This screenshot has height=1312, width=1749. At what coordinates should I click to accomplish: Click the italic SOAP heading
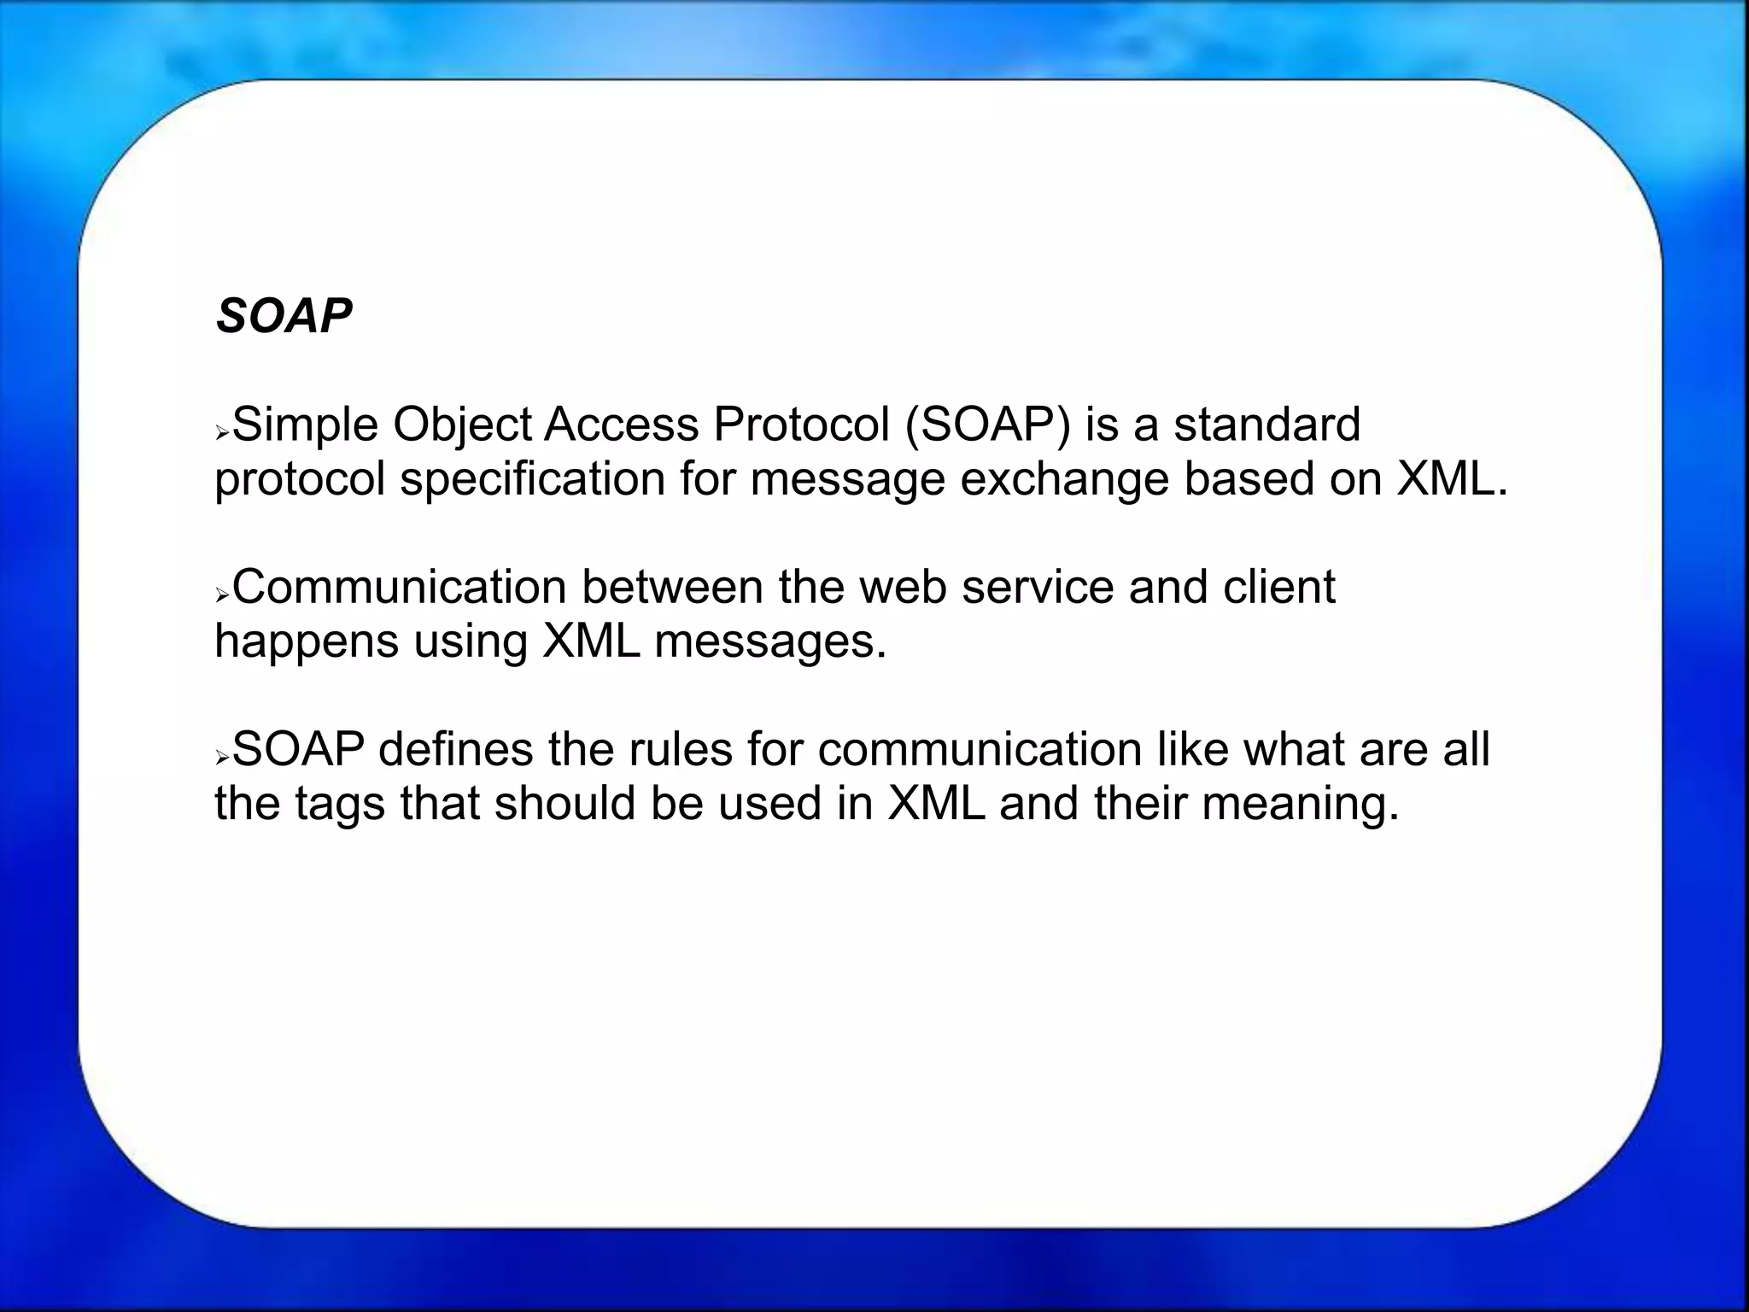[x=284, y=316]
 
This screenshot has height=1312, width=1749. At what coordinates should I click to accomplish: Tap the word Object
[x=462, y=425]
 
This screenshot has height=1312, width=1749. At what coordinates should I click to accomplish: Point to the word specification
[x=532, y=478]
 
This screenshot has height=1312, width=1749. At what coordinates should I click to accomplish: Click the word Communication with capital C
[x=400, y=588]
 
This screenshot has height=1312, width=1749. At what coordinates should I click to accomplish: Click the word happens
[x=306, y=641]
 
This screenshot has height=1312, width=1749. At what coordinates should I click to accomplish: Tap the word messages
[x=770, y=641]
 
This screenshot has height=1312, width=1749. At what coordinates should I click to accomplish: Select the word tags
[x=340, y=804]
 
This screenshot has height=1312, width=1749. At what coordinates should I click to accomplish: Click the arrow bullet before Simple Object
[x=222, y=433]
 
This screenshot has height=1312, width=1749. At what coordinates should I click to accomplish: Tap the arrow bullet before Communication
[x=222, y=594]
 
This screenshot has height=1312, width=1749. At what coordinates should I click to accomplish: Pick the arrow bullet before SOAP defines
[x=222, y=757]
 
